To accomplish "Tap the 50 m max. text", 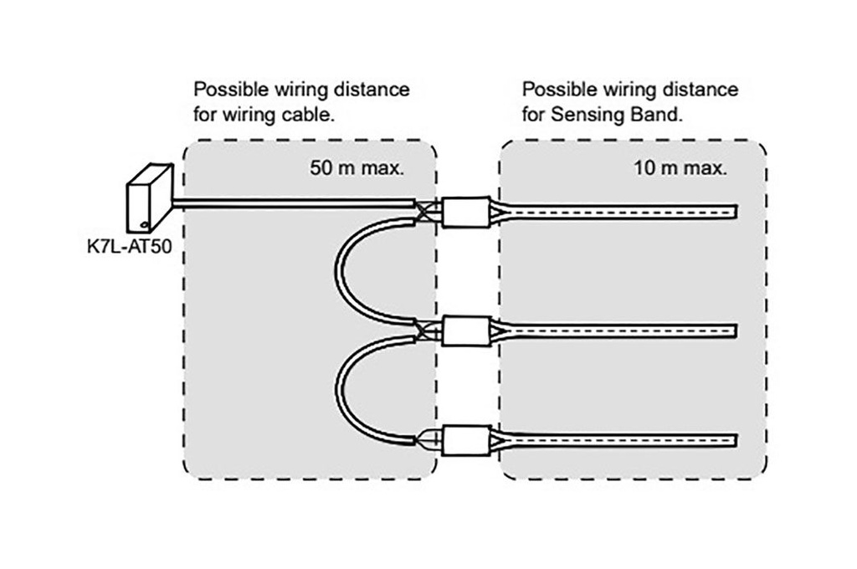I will (x=357, y=168).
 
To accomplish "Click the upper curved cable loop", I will (x=339, y=269).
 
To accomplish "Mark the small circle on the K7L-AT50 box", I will (x=145, y=224).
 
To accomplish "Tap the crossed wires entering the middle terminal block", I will (x=428, y=331).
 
